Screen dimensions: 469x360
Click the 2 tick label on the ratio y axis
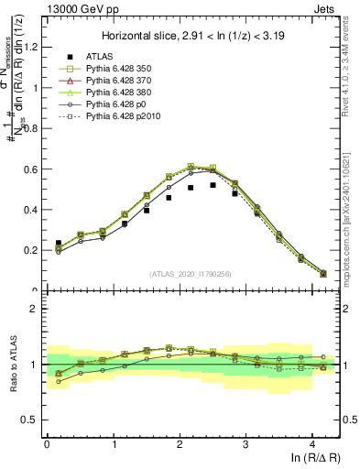[x=36, y=310]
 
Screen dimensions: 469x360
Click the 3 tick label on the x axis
[x=245, y=445]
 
